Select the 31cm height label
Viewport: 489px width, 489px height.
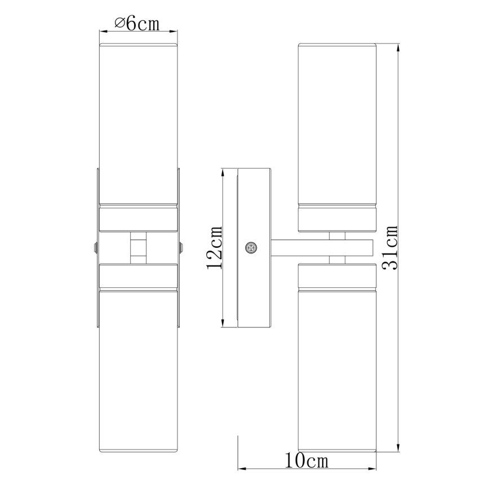coord(389,248)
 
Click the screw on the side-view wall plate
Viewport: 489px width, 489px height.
coord(251,247)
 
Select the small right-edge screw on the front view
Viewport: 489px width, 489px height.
coord(181,247)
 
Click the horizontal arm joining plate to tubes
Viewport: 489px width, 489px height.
coord(321,247)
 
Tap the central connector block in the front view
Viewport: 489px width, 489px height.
coord(138,247)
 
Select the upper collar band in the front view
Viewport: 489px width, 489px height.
coord(138,217)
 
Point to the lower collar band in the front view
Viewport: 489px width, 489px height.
coord(138,277)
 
